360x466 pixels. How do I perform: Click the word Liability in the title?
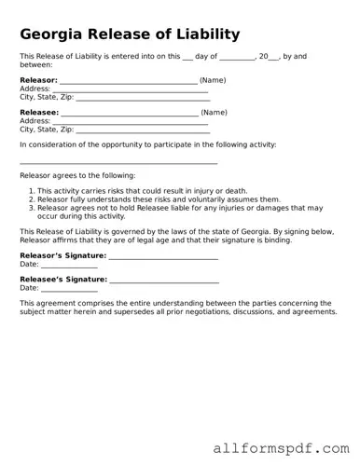206,34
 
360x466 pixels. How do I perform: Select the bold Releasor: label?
38,81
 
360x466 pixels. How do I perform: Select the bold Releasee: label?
38,113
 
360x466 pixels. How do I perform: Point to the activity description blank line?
118,163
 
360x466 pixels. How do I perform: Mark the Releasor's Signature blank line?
163,256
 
